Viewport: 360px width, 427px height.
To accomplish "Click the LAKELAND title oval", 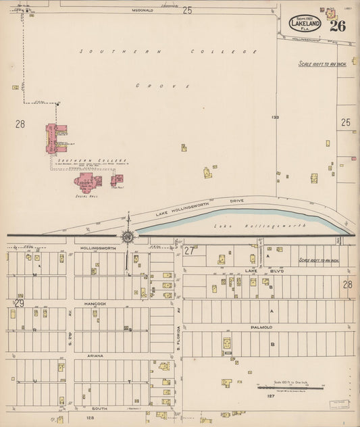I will pyautogui.click(x=305, y=22).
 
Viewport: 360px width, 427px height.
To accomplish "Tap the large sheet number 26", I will pyautogui.click(x=338, y=26).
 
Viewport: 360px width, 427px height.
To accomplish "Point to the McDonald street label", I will pyautogui.click(x=143, y=11).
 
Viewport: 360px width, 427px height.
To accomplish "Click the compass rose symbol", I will pyautogui.click(x=127, y=236).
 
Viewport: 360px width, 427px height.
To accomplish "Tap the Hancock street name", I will pyautogui.click(x=95, y=304).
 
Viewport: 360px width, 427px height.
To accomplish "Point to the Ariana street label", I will pyautogui.click(x=94, y=355).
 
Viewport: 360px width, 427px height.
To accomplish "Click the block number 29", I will pyautogui.click(x=19, y=303).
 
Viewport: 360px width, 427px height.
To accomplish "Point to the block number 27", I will pyautogui.click(x=189, y=250).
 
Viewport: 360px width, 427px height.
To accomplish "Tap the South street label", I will pyautogui.click(x=100, y=408).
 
